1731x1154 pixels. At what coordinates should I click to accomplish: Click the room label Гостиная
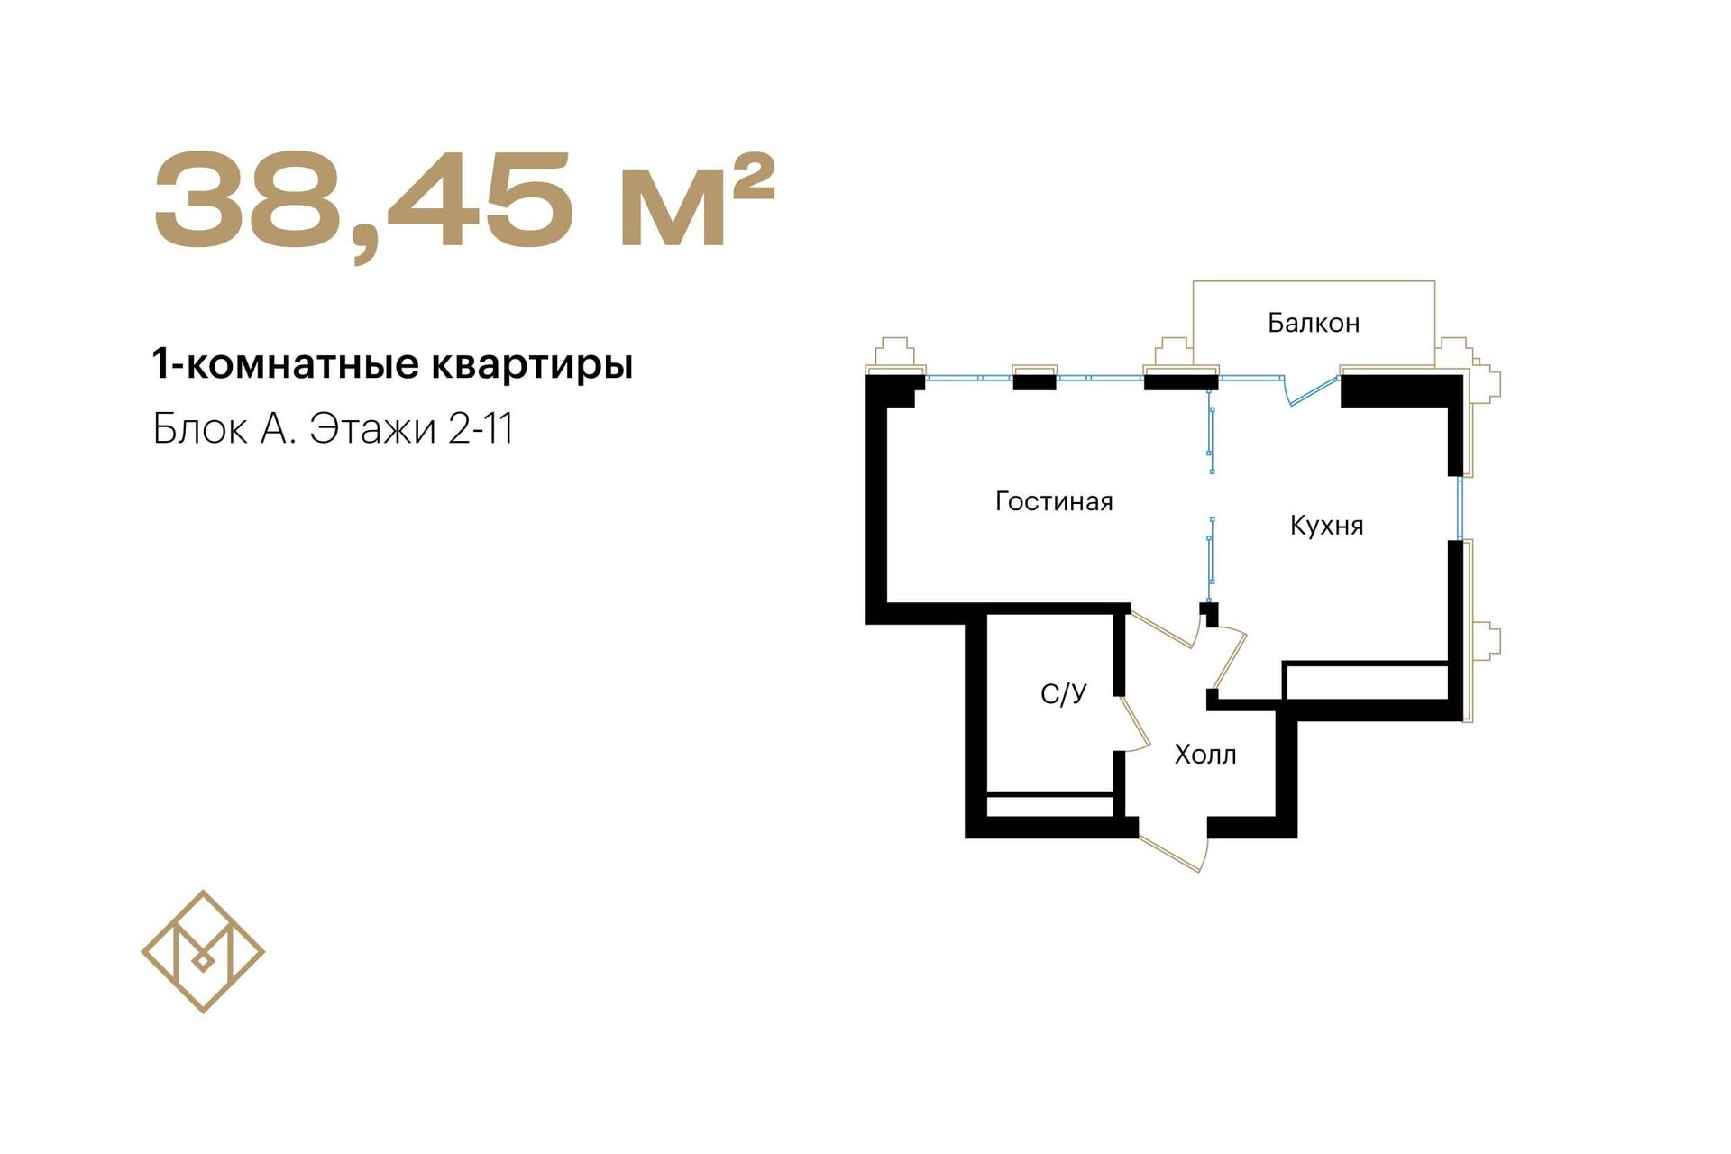[x=1054, y=500]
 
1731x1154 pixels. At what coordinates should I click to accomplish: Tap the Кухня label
[x=1326, y=525]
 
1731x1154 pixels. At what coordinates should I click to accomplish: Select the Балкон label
[x=1314, y=322]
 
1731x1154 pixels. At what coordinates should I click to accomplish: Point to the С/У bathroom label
[x=1064, y=693]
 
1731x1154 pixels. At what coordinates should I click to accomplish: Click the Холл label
[x=1205, y=754]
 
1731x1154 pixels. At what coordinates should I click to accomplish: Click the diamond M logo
[x=203, y=951]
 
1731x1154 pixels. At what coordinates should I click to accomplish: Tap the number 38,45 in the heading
[x=363, y=202]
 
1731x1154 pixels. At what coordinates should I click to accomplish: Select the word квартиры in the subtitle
[x=532, y=365]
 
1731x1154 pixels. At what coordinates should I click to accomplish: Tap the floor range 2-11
[x=481, y=429]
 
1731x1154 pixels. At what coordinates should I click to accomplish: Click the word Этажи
[x=373, y=430]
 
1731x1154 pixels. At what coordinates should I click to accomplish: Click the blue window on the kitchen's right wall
[x=1461, y=508]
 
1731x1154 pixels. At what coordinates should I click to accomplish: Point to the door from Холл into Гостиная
[x=1163, y=628]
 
